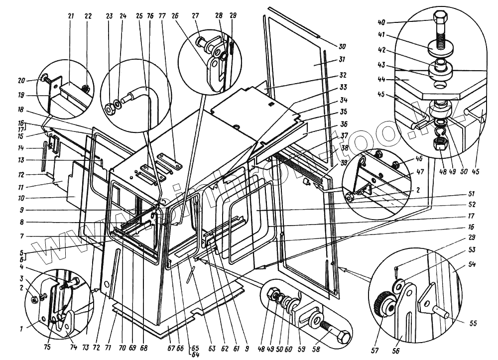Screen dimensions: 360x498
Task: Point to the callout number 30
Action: [342, 47]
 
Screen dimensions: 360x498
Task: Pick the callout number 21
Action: [70, 16]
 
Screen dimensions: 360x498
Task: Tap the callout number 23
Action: [110, 16]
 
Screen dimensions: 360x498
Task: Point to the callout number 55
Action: [473, 323]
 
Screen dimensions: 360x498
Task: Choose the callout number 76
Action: [150, 16]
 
